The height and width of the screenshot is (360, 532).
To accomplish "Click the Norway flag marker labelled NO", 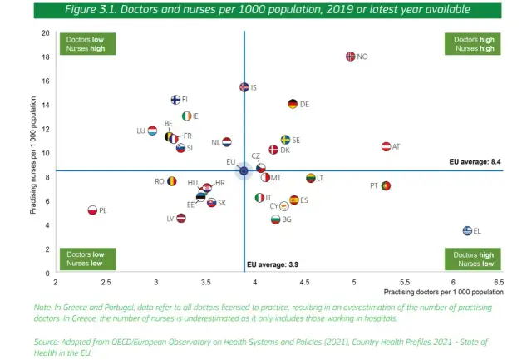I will click(x=350, y=57).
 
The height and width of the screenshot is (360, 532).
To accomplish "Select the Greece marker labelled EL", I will click(x=468, y=231).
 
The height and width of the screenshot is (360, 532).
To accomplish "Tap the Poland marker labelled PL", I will click(x=92, y=210).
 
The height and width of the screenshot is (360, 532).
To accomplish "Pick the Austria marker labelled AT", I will click(x=386, y=146).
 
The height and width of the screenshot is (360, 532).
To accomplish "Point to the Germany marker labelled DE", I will click(x=293, y=104).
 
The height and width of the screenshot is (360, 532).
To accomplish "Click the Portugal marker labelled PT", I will click(x=386, y=185).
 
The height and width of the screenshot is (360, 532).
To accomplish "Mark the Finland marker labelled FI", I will click(x=175, y=100).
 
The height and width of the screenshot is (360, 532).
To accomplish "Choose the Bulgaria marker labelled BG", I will click(x=276, y=219).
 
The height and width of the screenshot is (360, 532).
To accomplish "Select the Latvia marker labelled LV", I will click(x=181, y=218).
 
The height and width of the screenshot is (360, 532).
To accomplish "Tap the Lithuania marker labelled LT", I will click(x=311, y=178).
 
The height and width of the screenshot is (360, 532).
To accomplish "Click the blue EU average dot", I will click(x=244, y=171).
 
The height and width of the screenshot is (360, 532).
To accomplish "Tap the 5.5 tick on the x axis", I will click(x=403, y=283).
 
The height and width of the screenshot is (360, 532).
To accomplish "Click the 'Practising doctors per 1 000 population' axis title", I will click(x=443, y=293).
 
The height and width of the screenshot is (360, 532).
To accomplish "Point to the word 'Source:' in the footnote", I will click(x=48, y=342).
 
